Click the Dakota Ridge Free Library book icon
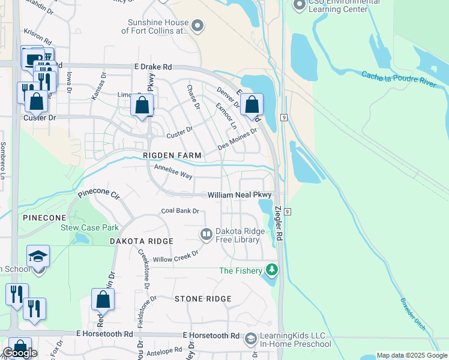click(206, 233)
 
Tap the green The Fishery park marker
click(273, 271)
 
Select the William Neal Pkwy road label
click(240, 196)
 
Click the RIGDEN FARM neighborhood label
click(172, 155)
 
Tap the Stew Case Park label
click(89, 227)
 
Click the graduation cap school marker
click(38, 257)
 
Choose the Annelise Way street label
click(173, 171)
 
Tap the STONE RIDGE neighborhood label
click(203, 299)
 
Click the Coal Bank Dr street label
click(180, 211)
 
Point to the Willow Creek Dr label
click(175, 256)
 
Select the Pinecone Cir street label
click(99, 195)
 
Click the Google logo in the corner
click(20, 353)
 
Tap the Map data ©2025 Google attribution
click(412, 355)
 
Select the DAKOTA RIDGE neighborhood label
click(142, 241)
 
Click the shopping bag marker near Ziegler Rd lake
click(252, 105)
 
